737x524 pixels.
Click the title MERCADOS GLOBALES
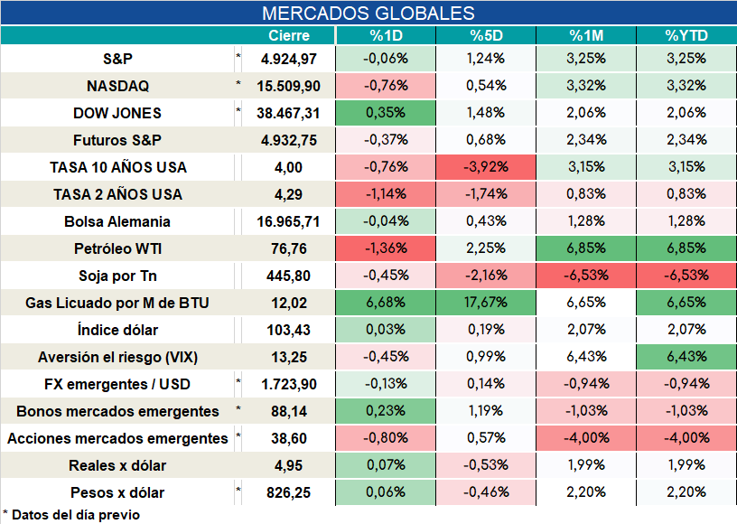tap(368, 14)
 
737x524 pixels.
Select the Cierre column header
tap(289, 36)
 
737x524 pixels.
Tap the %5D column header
tap(486, 36)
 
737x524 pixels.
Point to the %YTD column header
tap(686, 36)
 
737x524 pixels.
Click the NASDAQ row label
tap(118, 86)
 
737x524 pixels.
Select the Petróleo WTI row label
tap(118, 248)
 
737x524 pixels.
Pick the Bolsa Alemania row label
tap(117, 221)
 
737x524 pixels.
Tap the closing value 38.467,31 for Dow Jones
tap(288, 113)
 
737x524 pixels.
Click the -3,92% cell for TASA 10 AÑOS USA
tap(486, 167)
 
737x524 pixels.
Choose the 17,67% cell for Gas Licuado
tap(486, 302)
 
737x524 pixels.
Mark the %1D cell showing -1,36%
tap(386, 248)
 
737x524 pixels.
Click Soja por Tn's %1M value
tap(586, 275)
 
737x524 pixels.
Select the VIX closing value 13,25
tap(289, 357)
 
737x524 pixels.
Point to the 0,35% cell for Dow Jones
tap(386, 113)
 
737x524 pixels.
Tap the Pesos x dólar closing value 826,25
tap(289, 492)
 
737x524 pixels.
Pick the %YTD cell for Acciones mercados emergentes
tap(686, 438)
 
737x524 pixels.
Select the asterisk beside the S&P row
tap(238, 56)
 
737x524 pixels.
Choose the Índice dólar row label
tap(117, 330)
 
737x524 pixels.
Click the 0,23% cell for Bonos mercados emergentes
tap(386, 411)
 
